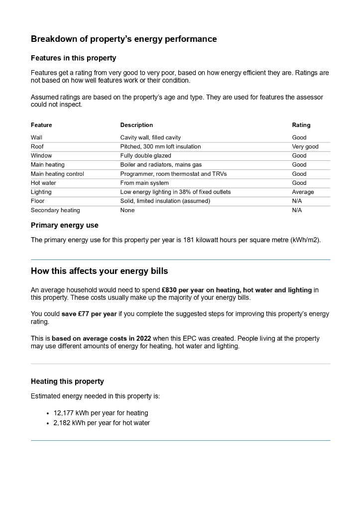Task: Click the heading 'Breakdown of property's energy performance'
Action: [x=123, y=39]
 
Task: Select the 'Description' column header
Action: [x=136, y=125]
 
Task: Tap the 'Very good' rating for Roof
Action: [x=305, y=146]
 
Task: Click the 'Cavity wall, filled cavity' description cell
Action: [x=150, y=137]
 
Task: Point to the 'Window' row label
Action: [x=41, y=155]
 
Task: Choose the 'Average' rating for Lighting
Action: [x=303, y=192]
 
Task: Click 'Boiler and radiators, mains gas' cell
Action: [x=161, y=164]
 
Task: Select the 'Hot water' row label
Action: [x=43, y=183]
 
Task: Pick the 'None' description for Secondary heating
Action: [x=127, y=210]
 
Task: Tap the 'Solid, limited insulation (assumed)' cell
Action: [x=165, y=201]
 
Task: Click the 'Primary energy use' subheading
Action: [x=65, y=225]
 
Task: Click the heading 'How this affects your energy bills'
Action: [x=100, y=271]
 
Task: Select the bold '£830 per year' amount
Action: [x=182, y=290]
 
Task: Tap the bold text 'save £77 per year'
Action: [x=89, y=314]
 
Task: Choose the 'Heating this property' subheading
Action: [x=67, y=382]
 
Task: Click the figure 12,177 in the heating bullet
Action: [x=62, y=413]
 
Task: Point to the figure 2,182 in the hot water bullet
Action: [x=62, y=423]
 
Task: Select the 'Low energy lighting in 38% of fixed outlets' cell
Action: [x=175, y=192]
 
